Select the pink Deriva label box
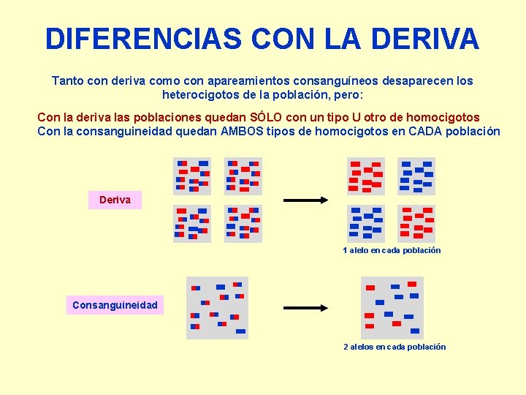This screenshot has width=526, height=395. [115, 200]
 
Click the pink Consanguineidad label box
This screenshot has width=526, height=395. [115, 304]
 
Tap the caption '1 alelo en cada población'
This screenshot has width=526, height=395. [392, 250]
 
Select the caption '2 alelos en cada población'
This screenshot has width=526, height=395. [394, 347]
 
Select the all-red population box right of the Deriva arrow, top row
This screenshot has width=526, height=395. [365, 176]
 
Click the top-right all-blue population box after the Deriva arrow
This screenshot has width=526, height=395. [416, 176]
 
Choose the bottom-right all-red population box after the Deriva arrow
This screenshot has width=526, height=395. [416, 223]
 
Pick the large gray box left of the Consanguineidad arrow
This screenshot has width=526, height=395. [218, 308]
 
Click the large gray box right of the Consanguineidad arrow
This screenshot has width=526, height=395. [392, 308]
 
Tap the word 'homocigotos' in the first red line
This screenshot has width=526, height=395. [446, 117]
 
